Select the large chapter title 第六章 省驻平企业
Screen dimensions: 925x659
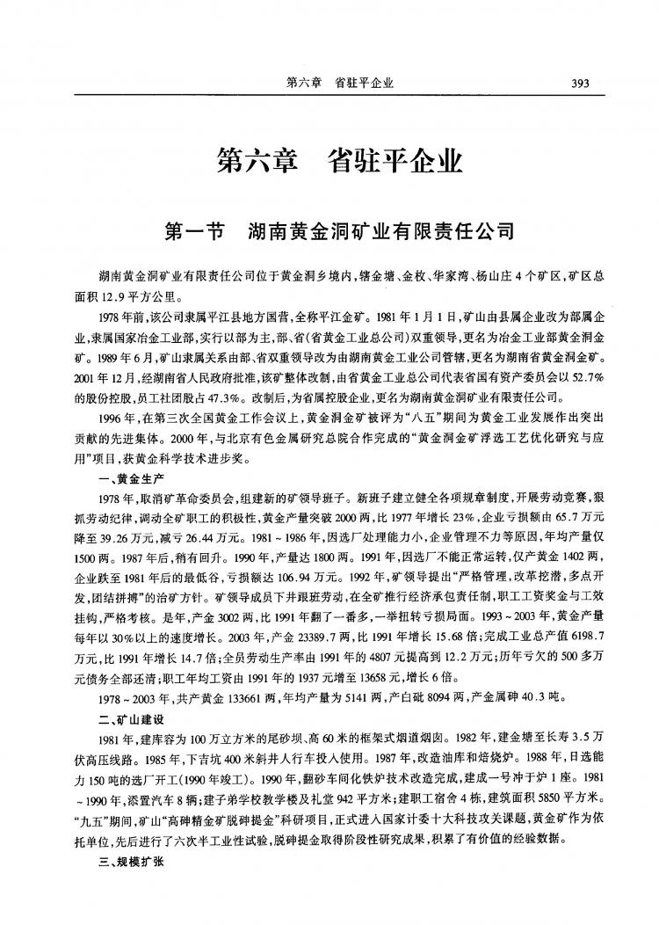[x=339, y=164]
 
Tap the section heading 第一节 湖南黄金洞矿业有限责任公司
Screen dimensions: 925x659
[x=338, y=233]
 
